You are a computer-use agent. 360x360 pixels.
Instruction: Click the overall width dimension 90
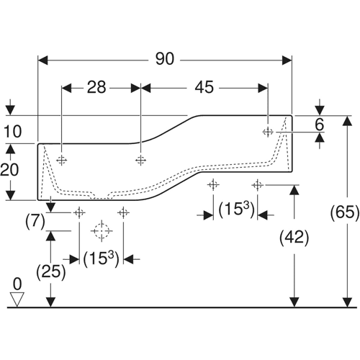pyautogui.click(x=165, y=59)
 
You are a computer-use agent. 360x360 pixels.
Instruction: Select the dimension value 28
pyautogui.click(x=96, y=87)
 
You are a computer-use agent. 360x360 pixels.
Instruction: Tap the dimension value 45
pyautogui.click(x=204, y=87)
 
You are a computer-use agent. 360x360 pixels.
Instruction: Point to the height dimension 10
pyautogui.click(x=12, y=132)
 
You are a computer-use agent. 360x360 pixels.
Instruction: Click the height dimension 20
pyautogui.click(x=9, y=170)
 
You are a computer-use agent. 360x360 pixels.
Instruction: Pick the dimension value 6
pyautogui.click(x=319, y=125)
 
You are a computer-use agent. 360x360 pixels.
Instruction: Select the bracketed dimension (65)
pyautogui.click(x=345, y=212)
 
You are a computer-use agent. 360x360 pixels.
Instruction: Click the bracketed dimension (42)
pyautogui.click(x=294, y=238)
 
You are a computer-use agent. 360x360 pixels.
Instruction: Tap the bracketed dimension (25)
pyautogui.click(x=51, y=272)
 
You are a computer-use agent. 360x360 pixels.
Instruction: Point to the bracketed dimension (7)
pyautogui.click(x=35, y=221)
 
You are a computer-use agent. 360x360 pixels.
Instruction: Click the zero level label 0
pyautogui.click(x=17, y=284)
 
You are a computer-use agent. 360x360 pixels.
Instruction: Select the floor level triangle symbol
pyautogui.click(x=17, y=300)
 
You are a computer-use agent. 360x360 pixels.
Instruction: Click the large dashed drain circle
pyautogui.click(x=102, y=231)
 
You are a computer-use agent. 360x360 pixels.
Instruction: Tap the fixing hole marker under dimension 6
pyautogui.click(x=268, y=132)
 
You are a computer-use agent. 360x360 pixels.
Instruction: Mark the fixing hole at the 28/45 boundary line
pyautogui.click(x=140, y=160)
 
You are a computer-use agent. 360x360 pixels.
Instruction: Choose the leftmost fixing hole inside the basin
pyautogui.click(x=62, y=160)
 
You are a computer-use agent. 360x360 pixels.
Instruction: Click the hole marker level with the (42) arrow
pyautogui.click(x=258, y=185)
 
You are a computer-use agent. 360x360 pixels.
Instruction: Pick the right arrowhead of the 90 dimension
pyautogui.click(x=287, y=60)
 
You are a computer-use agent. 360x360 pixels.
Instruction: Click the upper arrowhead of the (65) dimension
pyautogui.click(x=347, y=121)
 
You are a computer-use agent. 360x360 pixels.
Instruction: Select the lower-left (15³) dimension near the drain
pyautogui.click(x=101, y=259)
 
